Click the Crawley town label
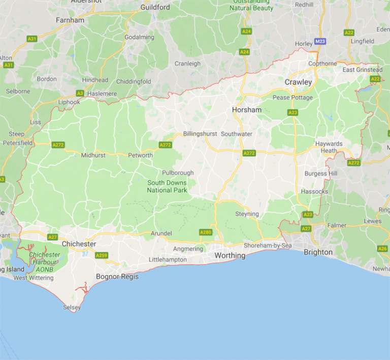coord(298,82)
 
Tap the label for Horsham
coord(247,110)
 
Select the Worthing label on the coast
coord(230,255)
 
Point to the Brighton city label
coord(318,252)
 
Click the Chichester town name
coord(79,244)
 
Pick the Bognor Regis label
coord(117,277)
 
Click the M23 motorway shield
coord(320,42)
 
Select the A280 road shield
coord(206,232)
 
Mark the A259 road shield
coord(102,255)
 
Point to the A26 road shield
coord(382,248)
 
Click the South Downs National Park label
coord(167,186)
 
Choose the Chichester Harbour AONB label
coord(44,261)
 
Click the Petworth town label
coord(140,155)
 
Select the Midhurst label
coord(93,155)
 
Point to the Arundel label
coord(161,234)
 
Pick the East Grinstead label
coord(362,70)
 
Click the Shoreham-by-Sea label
coord(268,245)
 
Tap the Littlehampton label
coord(168,259)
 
